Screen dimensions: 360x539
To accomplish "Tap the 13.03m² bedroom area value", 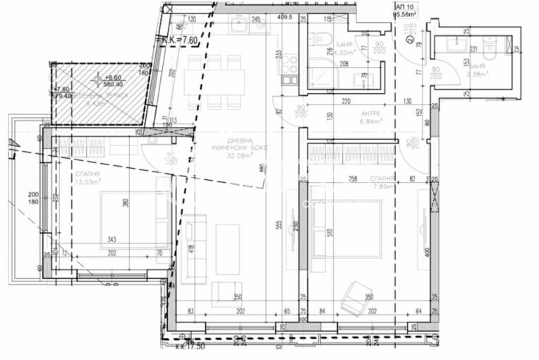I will pos(88,180).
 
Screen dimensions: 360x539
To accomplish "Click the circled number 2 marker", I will pos(410,40).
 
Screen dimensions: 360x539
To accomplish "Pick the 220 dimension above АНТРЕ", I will pos(346,102).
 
